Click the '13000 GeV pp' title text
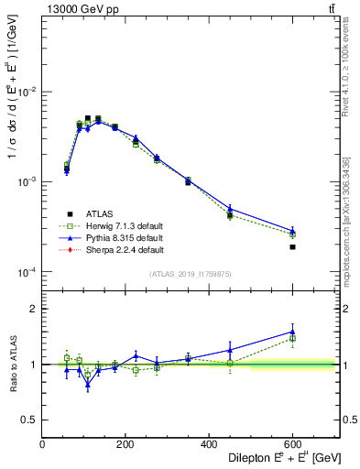[80, 9]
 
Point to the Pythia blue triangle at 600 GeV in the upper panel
[292, 231]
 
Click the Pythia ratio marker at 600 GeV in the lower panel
[292, 332]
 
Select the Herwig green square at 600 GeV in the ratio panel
[292, 338]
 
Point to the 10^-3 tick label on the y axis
[27, 182]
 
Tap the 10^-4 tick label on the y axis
[27, 272]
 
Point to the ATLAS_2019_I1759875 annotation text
[190, 275]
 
